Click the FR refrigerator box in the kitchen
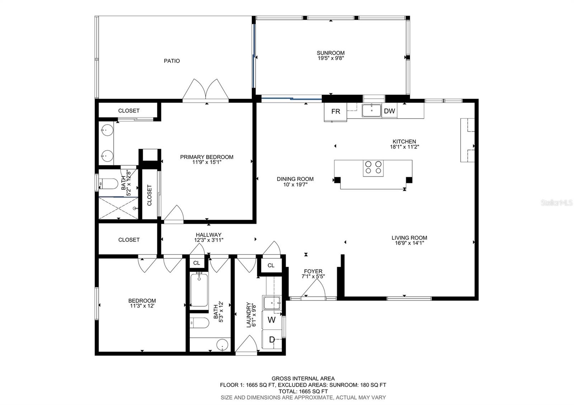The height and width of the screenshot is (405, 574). coord(335,112)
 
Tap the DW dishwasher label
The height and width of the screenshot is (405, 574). coord(389,111)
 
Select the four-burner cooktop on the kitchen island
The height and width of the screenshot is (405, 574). coord(373,168)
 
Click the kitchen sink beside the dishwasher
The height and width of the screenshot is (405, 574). coord(372,110)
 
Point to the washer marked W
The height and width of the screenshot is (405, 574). coord(272,320)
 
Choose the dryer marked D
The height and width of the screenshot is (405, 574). coord(272,339)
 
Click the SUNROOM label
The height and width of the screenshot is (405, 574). coord(330,53)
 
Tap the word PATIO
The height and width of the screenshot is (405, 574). coord(172,61)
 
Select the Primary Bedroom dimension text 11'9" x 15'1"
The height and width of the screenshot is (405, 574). coord(207,162)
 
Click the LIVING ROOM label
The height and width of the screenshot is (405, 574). coord(409,238)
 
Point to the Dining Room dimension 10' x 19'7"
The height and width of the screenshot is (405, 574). coord(295,184)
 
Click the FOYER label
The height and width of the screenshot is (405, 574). coord(313,271)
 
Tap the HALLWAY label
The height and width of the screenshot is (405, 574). coord(208,235)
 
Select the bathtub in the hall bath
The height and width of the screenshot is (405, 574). coord(199,290)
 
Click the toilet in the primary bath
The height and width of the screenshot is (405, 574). coord(108,184)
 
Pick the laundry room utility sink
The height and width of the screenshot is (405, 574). coord(272,303)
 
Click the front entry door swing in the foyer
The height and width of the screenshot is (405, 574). coord(314,288)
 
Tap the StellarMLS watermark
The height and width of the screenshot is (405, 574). coord(556,203)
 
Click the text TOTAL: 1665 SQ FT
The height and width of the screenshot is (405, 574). coord(303,391)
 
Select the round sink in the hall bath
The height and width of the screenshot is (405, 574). coord(222,345)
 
